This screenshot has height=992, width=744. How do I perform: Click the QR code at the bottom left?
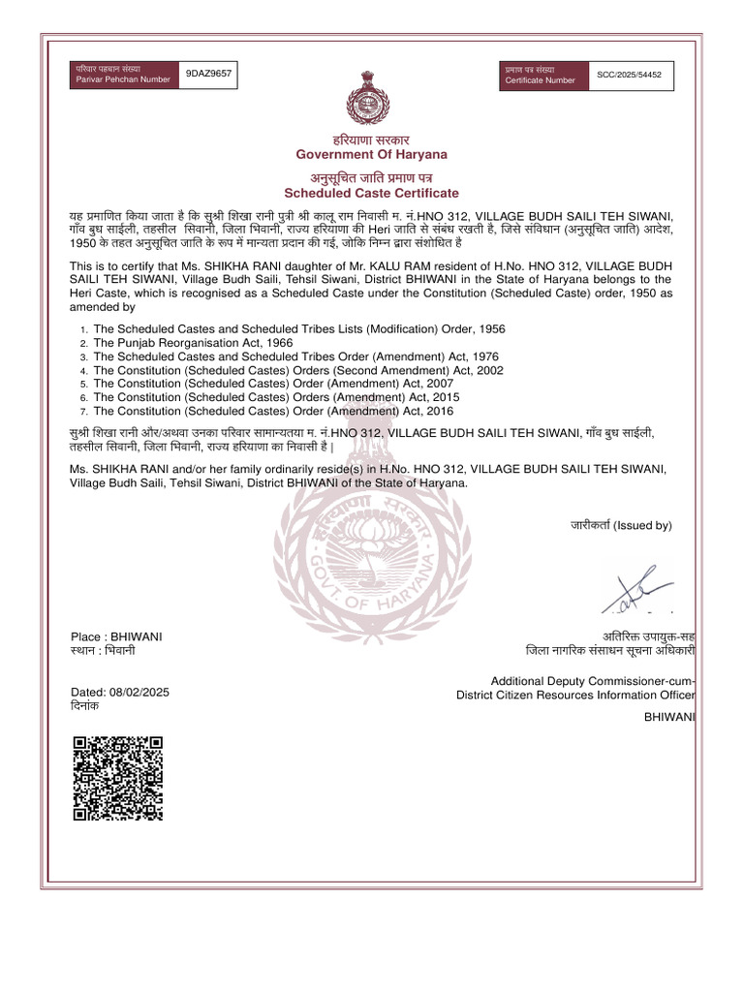[117, 779]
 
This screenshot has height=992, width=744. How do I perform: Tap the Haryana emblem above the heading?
[371, 97]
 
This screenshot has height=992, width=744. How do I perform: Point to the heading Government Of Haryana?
[371, 155]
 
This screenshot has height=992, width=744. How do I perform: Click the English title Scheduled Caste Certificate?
[371, 193]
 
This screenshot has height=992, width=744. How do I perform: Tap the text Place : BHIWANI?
[117, 636]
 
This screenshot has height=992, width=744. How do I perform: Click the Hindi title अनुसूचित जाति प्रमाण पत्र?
[371, 178]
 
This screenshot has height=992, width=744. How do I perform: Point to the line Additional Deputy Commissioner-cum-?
[593, 681]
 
